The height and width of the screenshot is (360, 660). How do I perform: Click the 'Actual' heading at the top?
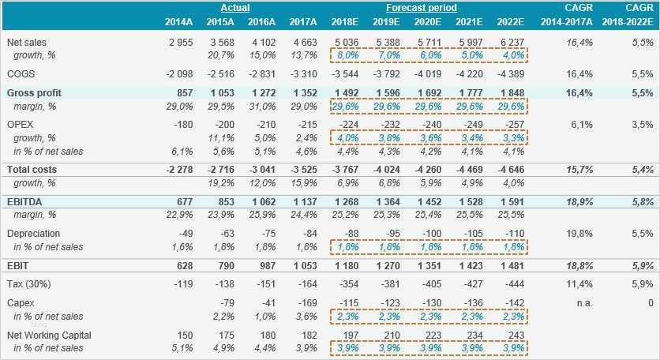point(234,8)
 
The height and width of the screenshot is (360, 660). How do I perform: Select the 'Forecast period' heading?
point(421,8)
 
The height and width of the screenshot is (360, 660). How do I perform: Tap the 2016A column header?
point(262,21)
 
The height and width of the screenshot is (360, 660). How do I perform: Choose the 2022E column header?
point(511,21)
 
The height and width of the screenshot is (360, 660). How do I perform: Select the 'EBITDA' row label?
point(24,202)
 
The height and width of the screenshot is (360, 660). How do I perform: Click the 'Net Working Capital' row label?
point(46,336)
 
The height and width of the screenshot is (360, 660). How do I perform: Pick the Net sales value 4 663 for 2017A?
point(303,42)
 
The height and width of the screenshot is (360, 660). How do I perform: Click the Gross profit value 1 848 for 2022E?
point(511,92)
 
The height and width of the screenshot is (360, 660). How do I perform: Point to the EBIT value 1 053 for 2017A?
point(303,265)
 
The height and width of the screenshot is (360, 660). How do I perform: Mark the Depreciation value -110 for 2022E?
point(515,234)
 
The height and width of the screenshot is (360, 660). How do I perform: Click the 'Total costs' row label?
point(32,170)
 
